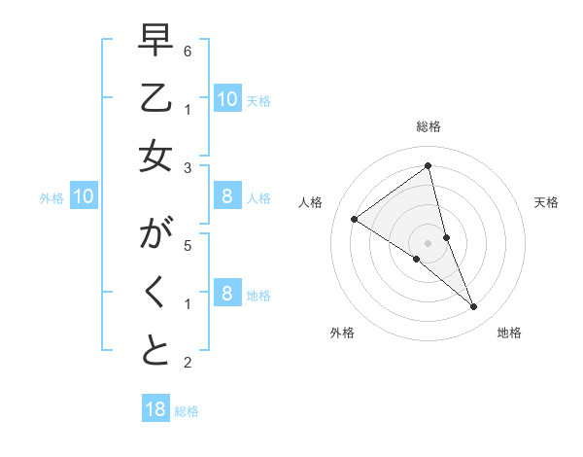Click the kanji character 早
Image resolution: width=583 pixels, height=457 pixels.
coord(156,40)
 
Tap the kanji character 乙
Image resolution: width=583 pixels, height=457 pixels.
coord(156,98)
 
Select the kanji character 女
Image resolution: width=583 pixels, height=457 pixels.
coord(156,158)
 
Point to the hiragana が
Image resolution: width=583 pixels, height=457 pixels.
coord(156,234)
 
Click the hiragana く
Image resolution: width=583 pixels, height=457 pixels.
coord(156,293)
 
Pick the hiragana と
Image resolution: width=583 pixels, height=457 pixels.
coord(156,352)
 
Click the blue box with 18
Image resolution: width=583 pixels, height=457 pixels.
coord(155,409)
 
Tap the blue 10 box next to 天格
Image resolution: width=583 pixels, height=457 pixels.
coord(226,98)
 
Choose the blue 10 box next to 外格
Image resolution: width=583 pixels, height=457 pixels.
coord(84,197)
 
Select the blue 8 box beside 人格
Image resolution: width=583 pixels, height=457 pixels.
coord(226,197)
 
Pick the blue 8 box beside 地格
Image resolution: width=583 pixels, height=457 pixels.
coord(226,294)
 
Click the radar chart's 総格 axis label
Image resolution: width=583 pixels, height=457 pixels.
coord(428,126)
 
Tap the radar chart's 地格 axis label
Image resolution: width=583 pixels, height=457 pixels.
coord(509,333)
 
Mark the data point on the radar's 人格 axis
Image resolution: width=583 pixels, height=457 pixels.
coord(354,219)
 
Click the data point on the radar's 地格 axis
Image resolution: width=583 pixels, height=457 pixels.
coord(474,306)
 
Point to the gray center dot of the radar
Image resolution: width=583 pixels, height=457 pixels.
coord(428,242)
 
